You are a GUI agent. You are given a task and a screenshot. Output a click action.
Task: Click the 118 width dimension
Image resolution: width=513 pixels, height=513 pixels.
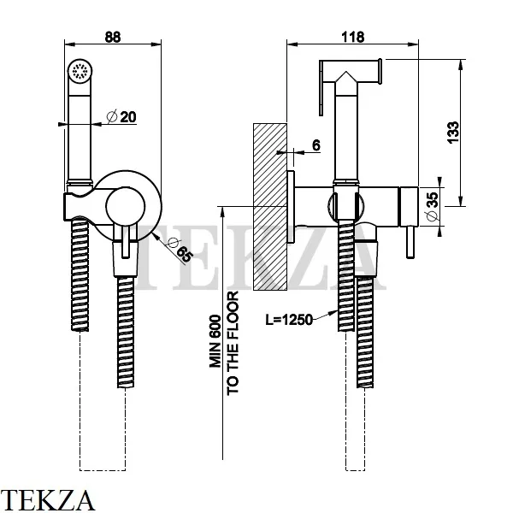(351, 37)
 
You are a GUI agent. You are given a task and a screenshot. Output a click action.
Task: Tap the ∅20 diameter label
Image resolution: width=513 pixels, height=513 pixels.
(124, 117)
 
